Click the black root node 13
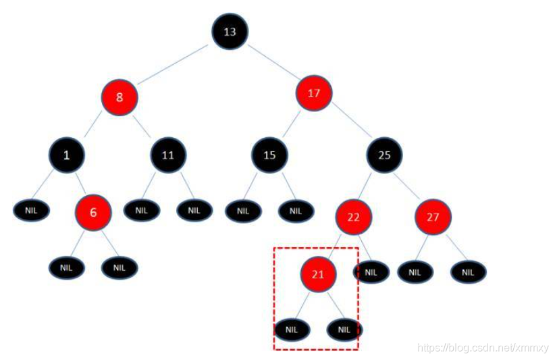click(230, 31)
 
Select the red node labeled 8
click(120, 97)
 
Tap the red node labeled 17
click(314, 93)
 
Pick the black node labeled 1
click(66, 155)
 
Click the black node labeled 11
click(167, 155)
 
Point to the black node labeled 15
click(269, 155)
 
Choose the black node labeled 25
click(384, 155)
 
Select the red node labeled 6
click(93, 212)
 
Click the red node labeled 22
click(354, 217)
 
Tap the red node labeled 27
click(433, 217)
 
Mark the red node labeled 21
click(318, 274)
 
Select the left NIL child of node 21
click(292, 330)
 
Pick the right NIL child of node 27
click(469, 272)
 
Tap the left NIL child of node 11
click(141, 210)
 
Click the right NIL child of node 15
click(296, 211)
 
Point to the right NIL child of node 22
click(370, 272)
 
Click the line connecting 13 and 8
click(171, 66)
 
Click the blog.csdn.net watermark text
click(483, 348)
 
